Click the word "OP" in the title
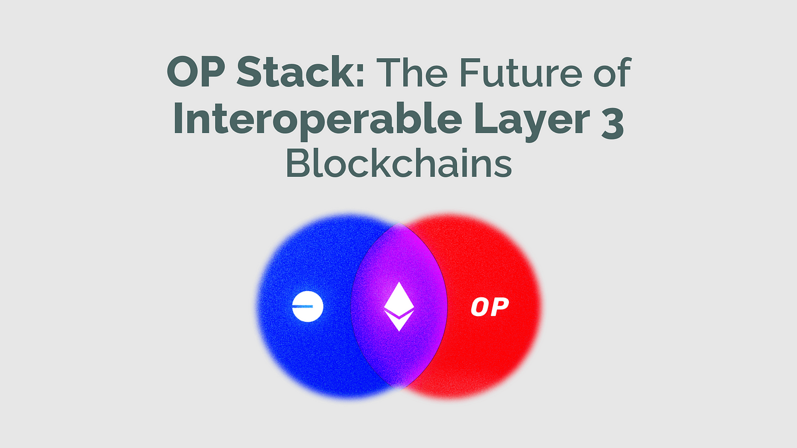point(196,72)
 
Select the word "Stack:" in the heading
point(301,72)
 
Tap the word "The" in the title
point(412,72)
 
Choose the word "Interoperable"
point(318,120)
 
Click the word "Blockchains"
point(398,162)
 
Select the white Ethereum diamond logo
point(399,306)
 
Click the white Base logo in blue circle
point(307,306)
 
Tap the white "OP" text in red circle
point(490,307)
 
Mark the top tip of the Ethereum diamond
point(399,282)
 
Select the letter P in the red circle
point(500,307)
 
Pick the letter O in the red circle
point(479,307)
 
